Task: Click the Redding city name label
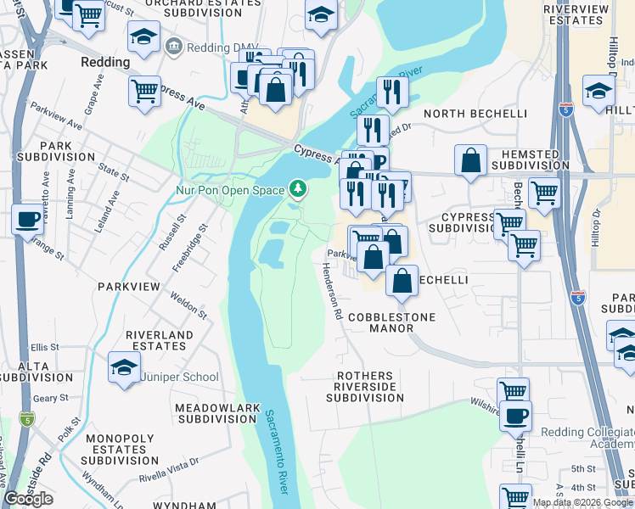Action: pos(104,62)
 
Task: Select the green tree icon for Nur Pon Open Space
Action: pos(297,187)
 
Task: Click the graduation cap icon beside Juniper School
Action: pos(124,369)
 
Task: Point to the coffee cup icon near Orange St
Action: pos(27,220)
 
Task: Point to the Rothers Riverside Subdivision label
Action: pos(365,386)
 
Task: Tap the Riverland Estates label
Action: pos(160,341)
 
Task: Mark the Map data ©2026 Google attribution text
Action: pos(582,502)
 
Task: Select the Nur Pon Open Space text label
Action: pos(229,190)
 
